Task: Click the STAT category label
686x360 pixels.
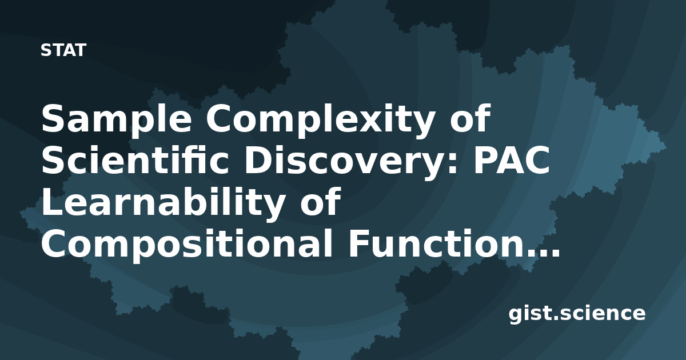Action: pos(63,50)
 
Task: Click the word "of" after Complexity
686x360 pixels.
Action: pos(470,118)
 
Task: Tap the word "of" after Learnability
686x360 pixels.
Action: pos(321,201)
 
